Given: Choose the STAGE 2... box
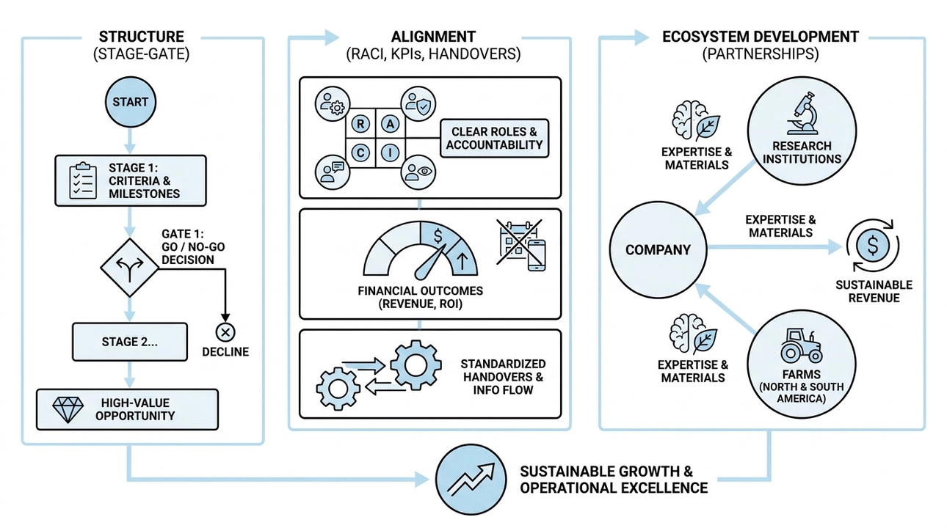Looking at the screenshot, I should click(129, 342).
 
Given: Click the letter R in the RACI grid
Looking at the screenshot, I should click(361, 124).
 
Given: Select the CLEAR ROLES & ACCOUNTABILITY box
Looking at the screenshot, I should click(495, 138).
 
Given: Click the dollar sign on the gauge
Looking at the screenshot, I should click(439, 235).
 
